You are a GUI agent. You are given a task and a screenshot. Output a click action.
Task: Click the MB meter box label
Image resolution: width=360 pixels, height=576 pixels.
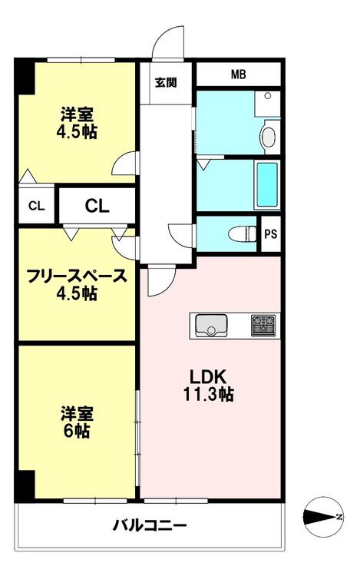tap(238, 74)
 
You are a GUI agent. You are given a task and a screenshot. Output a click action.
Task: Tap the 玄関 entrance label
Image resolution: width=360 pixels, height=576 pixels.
tap(166, 83)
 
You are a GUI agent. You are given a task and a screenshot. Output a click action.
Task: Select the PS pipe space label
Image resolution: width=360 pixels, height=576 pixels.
tap(271, 234)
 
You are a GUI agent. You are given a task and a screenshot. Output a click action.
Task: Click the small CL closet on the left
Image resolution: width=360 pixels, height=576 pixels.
tap(36, 206)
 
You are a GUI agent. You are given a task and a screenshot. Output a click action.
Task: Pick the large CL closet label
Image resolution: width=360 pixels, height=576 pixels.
tap(97, 206)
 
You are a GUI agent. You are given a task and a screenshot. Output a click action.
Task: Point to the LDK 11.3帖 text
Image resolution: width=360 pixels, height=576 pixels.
tap(209, 386)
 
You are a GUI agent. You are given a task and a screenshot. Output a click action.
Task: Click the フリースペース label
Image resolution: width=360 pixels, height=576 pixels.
tap(77, 276)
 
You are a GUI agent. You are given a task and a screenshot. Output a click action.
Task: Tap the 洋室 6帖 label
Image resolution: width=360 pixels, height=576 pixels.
tap(77, 422)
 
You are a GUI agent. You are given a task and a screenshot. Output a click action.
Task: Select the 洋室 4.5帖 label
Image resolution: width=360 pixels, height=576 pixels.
tap(77, 123)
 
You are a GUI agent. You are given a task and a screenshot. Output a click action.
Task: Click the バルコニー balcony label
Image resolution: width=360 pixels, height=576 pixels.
tap(150, 525)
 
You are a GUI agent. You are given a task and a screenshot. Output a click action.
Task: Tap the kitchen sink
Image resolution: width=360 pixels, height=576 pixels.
tap(211, 326)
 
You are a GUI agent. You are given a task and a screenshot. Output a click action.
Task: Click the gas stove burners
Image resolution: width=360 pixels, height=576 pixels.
tap(263, 326)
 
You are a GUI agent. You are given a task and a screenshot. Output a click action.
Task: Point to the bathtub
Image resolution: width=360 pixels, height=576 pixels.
tap(267, 185)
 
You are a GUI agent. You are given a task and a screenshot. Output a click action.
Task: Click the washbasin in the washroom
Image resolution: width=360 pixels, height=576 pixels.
tap(269, 136)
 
